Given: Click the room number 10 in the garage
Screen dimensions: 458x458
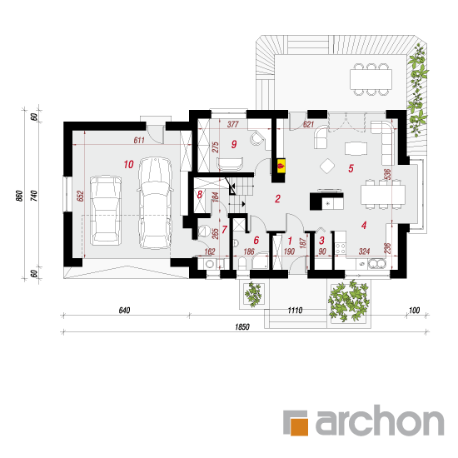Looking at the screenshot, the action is point(128,164).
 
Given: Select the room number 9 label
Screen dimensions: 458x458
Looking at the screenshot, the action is point(234,144).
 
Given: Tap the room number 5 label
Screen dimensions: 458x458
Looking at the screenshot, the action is point(351,168).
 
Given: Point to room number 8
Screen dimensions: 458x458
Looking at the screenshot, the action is point(200,195).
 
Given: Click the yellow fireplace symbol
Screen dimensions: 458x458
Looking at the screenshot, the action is point(281,166).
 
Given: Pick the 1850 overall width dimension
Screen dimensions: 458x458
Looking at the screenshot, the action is point(242,327).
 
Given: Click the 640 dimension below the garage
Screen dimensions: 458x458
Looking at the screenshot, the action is point(124,311).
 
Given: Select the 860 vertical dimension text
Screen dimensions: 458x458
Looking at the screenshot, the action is point(19,196).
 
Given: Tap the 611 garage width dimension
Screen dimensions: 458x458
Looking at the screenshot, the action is point(139,140).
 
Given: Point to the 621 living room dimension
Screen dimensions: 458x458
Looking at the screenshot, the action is point(308,124).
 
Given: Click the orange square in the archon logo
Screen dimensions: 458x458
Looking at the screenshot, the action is point(299,426).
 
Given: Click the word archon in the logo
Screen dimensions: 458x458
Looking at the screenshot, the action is point(380,420).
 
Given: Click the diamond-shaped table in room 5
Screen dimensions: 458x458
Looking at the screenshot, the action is point(327,166).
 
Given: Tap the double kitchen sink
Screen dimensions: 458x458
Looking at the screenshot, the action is point(376,264).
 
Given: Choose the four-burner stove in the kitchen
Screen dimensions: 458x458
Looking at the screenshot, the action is point(341,248).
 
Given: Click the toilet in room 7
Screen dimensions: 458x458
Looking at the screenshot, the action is point(203,231).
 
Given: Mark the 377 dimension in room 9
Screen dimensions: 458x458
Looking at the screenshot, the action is point(233,124).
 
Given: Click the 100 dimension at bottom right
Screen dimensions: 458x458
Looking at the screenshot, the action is point(414,311).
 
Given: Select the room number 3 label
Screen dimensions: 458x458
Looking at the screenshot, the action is point(321,241).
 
